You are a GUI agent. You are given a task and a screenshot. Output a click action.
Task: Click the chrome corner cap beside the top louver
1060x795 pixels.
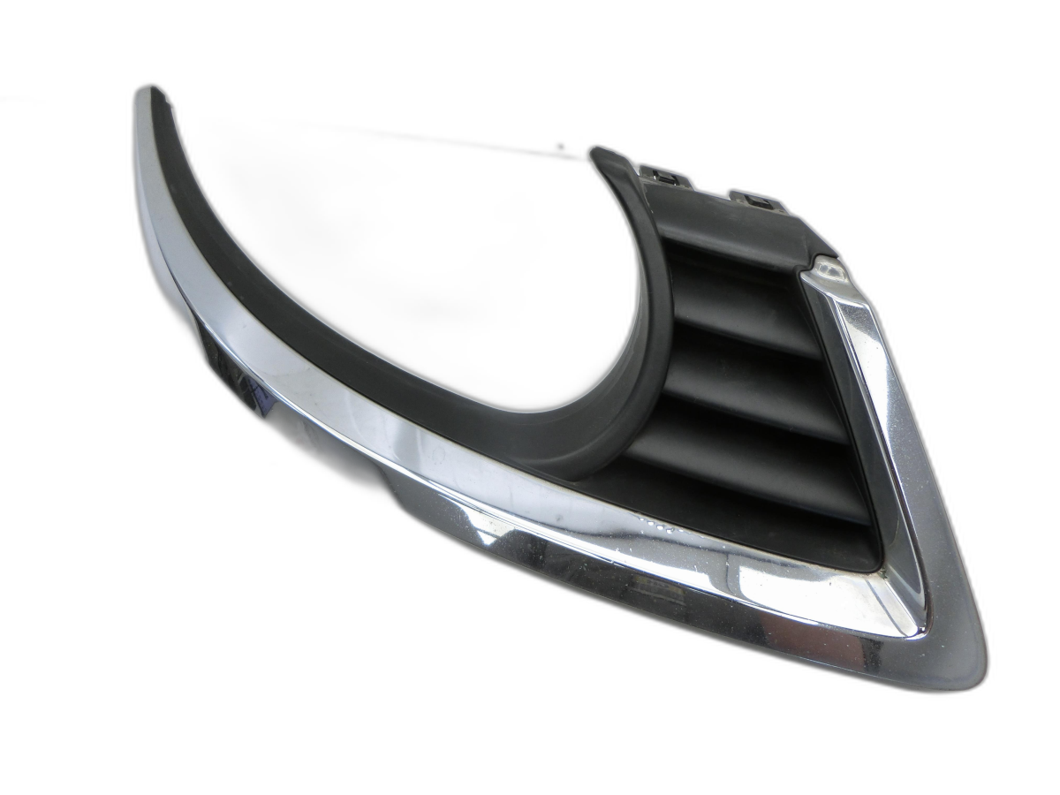[828, 269]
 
